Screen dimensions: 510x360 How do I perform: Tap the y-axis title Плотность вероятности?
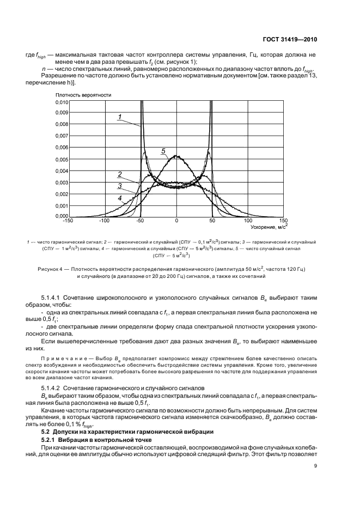(82, 95)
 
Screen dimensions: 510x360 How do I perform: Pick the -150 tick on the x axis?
(68, 221)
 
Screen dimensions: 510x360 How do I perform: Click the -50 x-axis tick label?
(140, 221)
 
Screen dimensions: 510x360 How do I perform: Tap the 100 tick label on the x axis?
(248, 221)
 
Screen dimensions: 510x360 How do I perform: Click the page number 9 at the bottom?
(316, 465)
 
